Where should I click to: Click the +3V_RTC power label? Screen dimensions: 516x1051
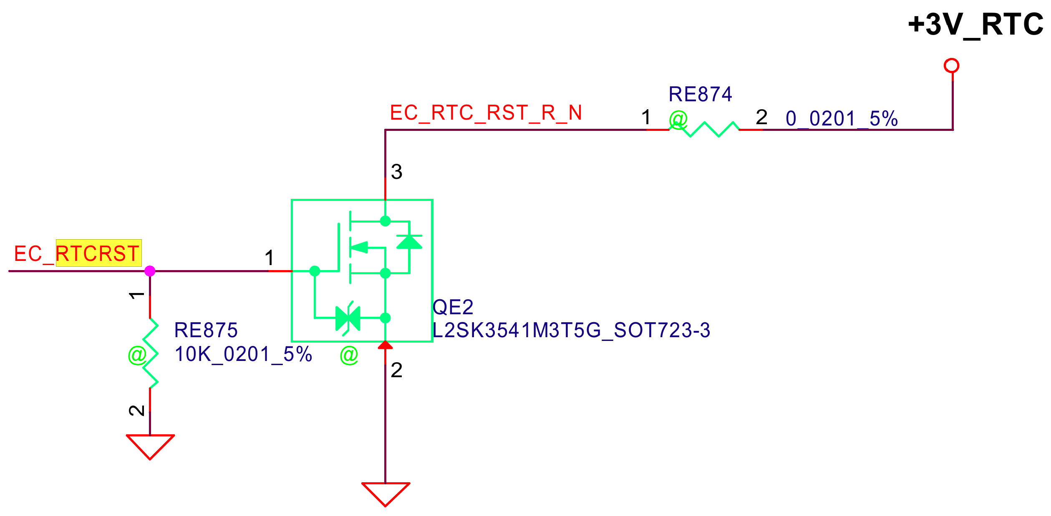pos(975,25)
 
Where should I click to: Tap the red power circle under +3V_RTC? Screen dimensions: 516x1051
pos(952,66)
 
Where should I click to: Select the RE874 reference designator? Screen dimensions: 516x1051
pos(700,95)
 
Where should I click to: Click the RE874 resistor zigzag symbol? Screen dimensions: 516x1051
pos(704,129)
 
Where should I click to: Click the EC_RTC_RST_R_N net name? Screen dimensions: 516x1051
pos(486,113)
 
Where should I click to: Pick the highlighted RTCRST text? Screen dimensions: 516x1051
pos(98,253)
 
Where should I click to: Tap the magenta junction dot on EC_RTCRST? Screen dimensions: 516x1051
pos(150,271)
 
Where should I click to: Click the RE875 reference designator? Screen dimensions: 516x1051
pos(206,331)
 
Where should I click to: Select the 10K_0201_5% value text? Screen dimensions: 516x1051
pos(243,355)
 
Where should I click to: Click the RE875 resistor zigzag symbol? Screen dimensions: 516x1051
pos(150,353)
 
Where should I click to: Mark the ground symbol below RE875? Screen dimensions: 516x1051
pos(150,446)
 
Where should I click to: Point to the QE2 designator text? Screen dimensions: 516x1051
pos(453,308)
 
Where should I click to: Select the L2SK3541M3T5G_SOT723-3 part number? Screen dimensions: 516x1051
pos(571,331)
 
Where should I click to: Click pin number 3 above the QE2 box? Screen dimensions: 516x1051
pos(396,172)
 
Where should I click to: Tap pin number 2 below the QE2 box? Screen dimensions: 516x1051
pos(396,371)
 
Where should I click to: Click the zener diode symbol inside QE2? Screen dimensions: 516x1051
pos(348,318)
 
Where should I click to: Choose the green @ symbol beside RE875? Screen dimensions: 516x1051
pos(137,355)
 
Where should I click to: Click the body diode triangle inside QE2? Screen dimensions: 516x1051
pos(409,242)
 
